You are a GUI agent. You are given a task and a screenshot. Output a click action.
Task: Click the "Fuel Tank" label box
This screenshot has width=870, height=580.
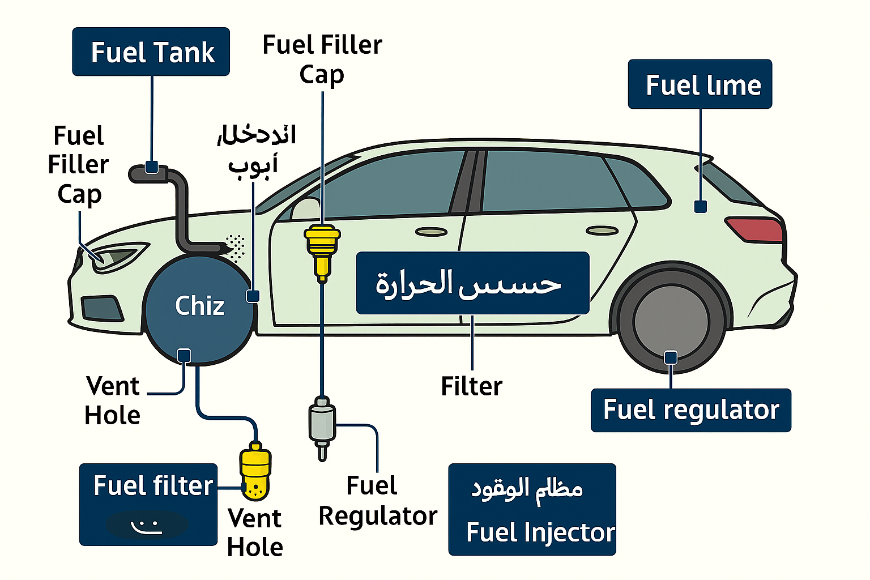(151, 52)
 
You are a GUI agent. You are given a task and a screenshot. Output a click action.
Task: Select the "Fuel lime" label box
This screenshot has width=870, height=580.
(700, 84)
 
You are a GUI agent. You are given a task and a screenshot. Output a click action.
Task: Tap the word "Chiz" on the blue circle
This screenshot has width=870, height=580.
(199, 306)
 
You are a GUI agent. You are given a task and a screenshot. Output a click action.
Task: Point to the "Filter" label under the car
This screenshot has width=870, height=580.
(471, 386)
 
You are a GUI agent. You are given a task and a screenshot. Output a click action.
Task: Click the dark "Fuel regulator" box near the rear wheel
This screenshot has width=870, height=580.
(690, 410)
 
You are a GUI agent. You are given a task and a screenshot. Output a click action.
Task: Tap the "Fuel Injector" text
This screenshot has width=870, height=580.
(540, 532)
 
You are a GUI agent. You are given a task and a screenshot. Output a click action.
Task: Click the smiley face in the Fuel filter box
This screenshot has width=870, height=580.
(147, 525)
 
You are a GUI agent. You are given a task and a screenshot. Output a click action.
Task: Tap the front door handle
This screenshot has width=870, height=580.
(431, 232)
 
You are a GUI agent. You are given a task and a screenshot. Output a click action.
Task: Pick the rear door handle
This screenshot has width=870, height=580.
(602, 231)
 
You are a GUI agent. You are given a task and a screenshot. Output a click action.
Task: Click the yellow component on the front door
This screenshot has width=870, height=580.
(322, 249)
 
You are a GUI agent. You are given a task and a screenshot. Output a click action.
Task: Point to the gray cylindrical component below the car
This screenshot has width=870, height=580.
(322, 425)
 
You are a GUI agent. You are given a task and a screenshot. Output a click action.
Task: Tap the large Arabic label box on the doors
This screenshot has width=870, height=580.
(472, 283)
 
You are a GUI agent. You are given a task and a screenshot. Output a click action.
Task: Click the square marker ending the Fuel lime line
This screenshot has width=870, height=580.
(701, 207)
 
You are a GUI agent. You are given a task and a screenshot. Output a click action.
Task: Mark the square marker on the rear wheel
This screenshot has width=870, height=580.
(671, 357)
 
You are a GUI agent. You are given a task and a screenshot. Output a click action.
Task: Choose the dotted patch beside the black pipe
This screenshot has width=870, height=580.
(236, 247)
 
